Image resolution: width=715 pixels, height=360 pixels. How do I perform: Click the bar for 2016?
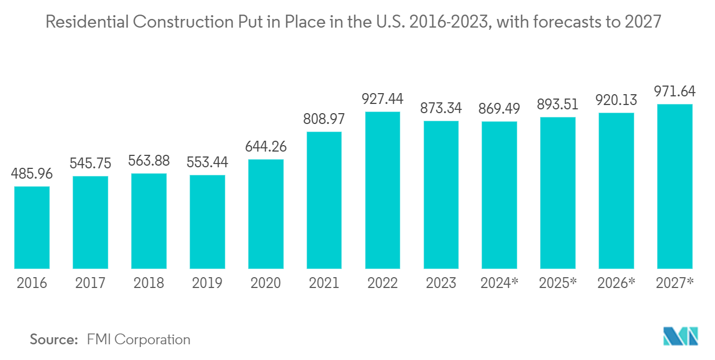pyautogui.click(x=32, y=227)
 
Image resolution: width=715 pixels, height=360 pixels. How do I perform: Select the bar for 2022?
pyautogui.click(x=382, y=190)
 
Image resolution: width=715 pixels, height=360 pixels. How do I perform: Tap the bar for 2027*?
pyautogui.click(x=674, y=186)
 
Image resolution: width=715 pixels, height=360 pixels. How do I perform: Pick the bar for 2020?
pyautogui.click(x=266, y=214)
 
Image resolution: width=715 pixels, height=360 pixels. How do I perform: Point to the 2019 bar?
pyautogui.click(x=207, y=221)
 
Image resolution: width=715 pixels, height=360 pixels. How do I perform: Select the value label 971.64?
pyautogui.click(x=674, y=91)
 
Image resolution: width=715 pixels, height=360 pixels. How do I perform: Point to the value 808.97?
pyautogui.click(x=324, y=119)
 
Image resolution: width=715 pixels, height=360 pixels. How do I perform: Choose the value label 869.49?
pyautogui.click(x=499, y=108)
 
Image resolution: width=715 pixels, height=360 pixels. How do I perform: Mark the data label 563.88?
pyautogui.click(x=149, y=161)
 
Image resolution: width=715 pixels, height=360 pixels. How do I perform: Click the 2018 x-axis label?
pyautogui.click(x=149, y=283)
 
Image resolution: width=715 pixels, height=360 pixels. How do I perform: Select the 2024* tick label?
pyautogui.click(x=500, y=283)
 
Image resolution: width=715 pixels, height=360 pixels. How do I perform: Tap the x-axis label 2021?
pyautogui.click(x=324, y=283)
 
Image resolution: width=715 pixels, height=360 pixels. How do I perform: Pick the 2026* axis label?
pyautogui.click(x=616, y=283)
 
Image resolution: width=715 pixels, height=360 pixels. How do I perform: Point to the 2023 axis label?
pyautogui.click(x=441, y=283)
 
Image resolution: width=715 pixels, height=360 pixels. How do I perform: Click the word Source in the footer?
pyautogui.click(x=54, y=339)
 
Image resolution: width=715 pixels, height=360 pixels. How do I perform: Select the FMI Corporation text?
pyautogui.click(x=139, y=339)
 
